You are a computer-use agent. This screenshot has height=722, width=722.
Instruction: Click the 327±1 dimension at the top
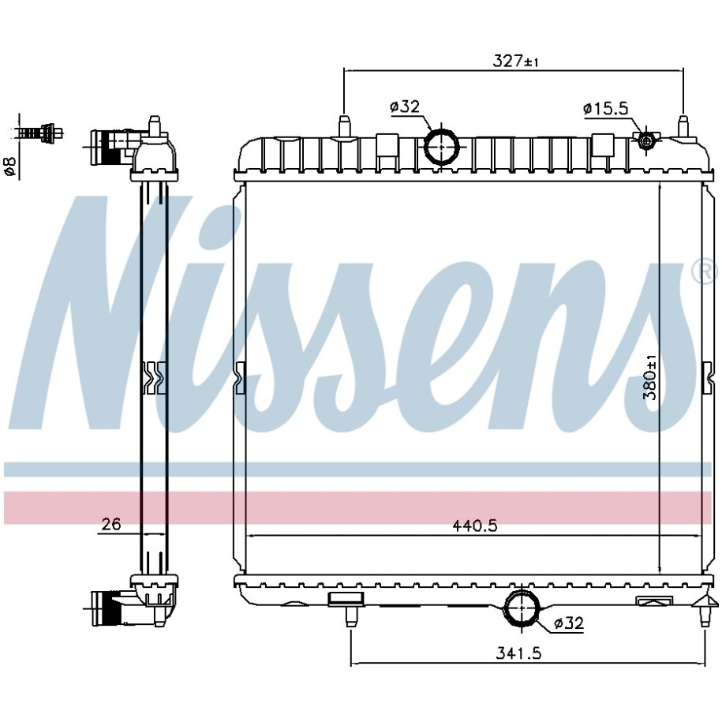point(515,61)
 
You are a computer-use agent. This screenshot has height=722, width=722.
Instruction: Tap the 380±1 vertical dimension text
point(651,380)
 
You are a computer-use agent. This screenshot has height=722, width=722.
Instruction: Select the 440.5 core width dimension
point(475,526)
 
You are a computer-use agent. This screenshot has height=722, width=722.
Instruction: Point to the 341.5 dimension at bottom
point(518,653)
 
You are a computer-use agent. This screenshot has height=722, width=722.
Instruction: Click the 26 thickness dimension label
point(111,524)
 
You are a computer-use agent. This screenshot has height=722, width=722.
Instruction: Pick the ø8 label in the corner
point(9,166)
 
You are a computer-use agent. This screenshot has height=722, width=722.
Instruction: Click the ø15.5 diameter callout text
point(605,109)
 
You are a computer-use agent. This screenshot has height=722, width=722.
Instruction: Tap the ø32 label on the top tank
point(405,107)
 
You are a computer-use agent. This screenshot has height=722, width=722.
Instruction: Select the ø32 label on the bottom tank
point(569,623)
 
